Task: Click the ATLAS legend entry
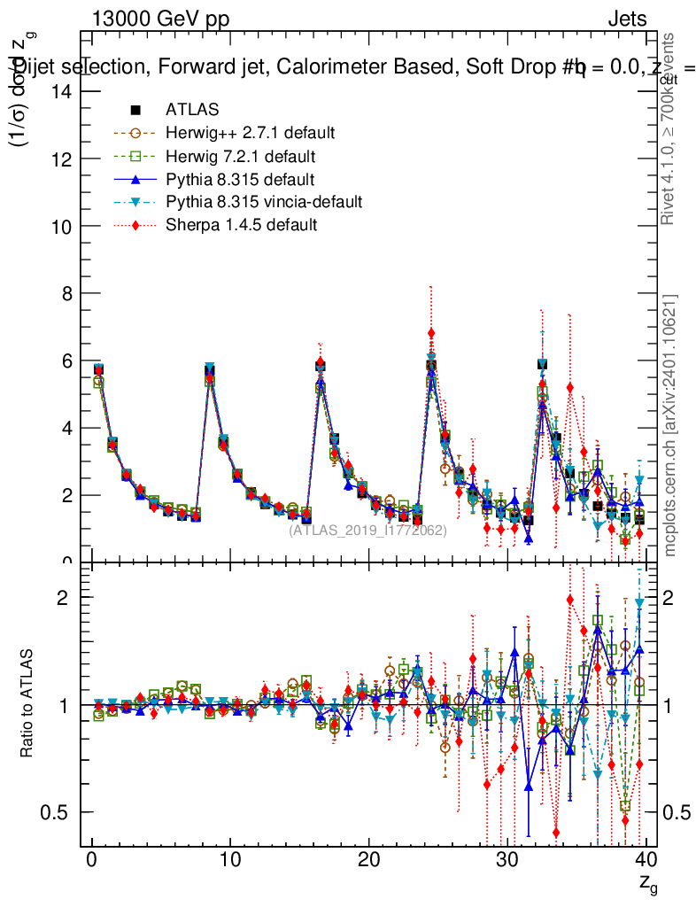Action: click(x=192, y=110)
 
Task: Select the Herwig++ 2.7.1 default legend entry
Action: click(x=250, y=133)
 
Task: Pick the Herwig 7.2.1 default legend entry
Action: click(x=240, y=156)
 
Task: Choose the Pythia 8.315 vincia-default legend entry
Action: click(x=264, y=202)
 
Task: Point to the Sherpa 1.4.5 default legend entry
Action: click(x=241, y=225)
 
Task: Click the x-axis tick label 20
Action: click(x=368, y=860)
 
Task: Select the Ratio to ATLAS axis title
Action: click(x=27, y=704)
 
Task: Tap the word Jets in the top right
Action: click(x=627, y=19)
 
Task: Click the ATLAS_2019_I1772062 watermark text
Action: click(x=367, y=531)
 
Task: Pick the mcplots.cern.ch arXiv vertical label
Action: click(x=670, y=424)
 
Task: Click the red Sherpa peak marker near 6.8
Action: click(x=431, y=333)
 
